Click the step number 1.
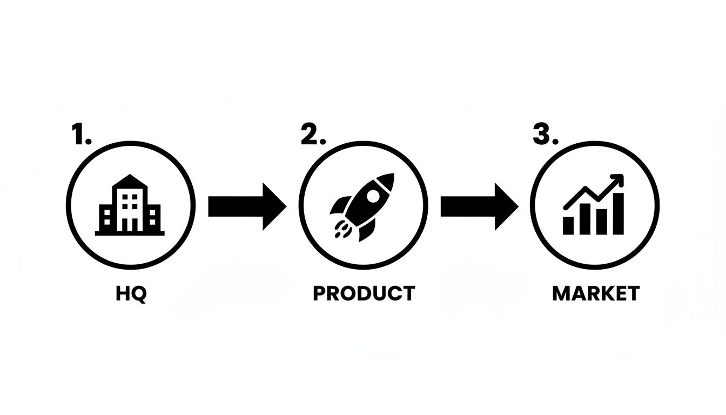click(x=82, y=133)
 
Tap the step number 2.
click(x=313, y=134)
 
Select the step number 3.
click(x=546, y=134)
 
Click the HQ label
click(x=131, y=294)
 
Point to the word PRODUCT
click(x=364, y=293)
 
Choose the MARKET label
click(x=596, y=293)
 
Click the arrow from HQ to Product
click(x=247, y=206)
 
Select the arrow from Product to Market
click(x=479, y=206)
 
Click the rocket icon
click(x=362, y=207)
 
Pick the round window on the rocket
click(x=373, y=196)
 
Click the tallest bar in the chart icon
click(x=619, y=213)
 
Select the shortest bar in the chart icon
click(x=568, y=226)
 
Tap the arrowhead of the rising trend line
click(x=617, y=180)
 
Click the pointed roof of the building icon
click(x=130, y=180)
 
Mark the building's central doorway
click(x=130, y=225)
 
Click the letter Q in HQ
click(x=139, y=294)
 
